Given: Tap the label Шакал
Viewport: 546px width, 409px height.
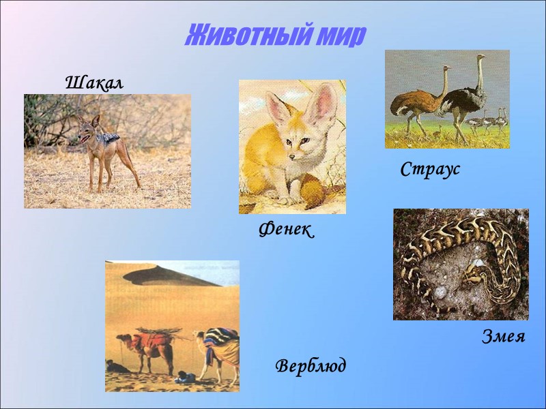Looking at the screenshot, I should [94, 84].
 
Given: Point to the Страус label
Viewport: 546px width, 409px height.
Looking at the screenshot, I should [430, 170].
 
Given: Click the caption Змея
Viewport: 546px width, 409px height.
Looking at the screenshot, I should [504, 336].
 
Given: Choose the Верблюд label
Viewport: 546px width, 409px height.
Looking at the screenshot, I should [311, 366].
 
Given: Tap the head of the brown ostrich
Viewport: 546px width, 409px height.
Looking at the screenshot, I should [447, 69].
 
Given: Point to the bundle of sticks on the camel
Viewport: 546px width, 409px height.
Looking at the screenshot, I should [160, 331].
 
